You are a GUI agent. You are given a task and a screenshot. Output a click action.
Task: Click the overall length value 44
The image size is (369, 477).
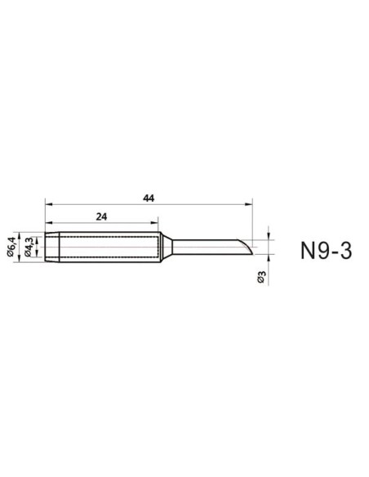pos(148,198)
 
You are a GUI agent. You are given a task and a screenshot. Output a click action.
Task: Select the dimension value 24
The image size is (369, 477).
pos(102,217)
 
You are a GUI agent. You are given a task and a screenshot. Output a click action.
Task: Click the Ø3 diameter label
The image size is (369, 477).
pos(260,277)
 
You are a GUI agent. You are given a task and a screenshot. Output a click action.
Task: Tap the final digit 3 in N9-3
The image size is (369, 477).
pos(347,250)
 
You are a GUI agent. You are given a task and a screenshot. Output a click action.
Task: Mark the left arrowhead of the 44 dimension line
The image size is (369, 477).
pos(48,206)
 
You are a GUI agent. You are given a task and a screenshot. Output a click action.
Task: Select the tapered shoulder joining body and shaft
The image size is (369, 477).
pos(165,246)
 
